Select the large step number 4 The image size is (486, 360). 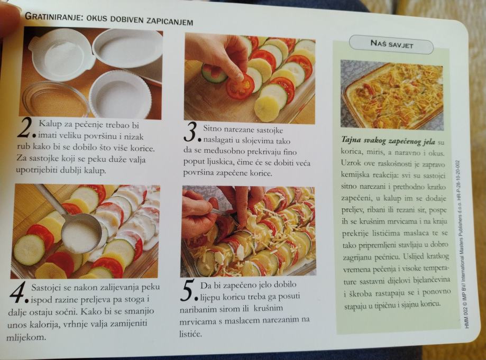(19, 293)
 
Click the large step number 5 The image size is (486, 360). (188, 291)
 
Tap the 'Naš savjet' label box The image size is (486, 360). (391, 44)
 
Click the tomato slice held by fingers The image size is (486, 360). (240, 87)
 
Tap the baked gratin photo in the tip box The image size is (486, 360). (392, 95)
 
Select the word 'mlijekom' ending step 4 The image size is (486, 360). (26, 337)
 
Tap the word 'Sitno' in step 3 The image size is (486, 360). (212, 128)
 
